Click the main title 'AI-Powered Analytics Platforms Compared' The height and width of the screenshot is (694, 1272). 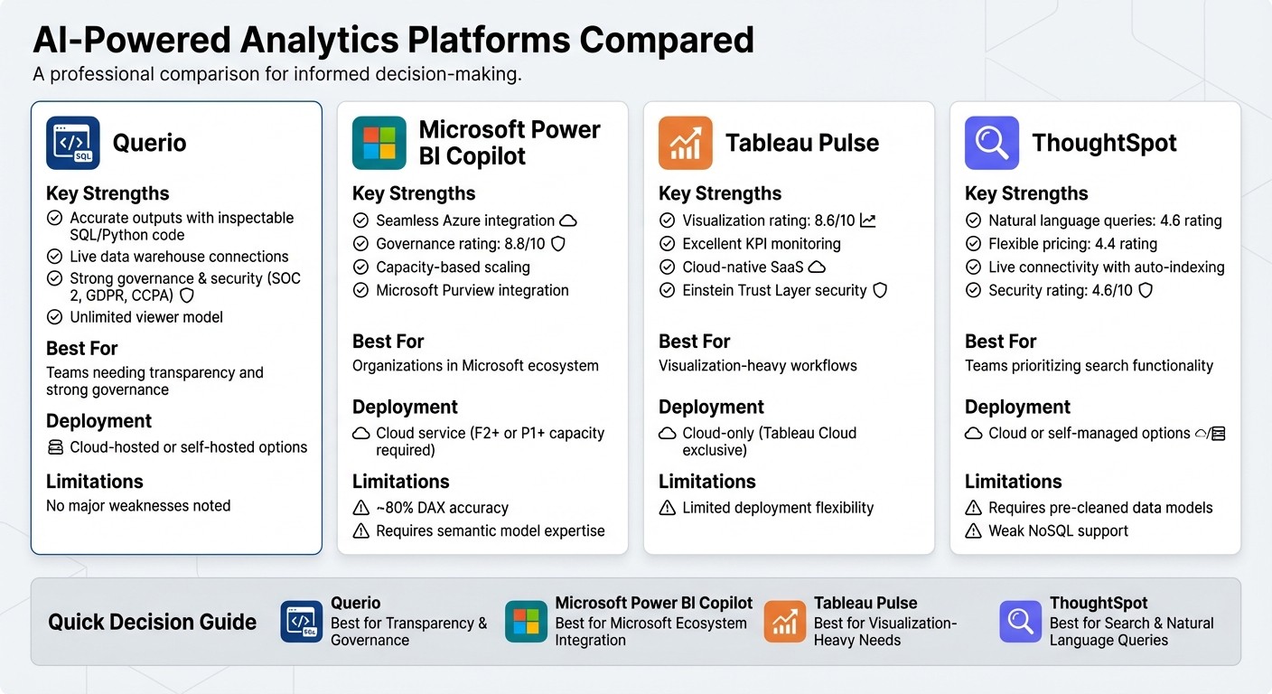click(x=393, y=41)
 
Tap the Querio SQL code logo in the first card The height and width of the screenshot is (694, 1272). click(x=72, y=143)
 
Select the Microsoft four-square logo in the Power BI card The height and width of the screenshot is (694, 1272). click(x=379, y=143)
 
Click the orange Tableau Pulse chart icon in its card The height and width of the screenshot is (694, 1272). click(x=685, y=143)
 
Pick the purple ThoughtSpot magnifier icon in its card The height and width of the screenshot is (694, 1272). click(x=991, y=143)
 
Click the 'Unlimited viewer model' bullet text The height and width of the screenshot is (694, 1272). click(x=145, y=317)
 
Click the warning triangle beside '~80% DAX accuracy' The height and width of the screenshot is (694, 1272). click(x=361, y=508)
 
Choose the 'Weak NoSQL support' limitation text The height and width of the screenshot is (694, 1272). click(x=1058, y=531)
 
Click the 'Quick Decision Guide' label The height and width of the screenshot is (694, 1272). click(x=152, y=622)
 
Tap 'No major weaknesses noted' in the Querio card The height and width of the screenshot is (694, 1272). click(x=138, y=506)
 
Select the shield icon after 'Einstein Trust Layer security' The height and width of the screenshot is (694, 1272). click(x=879, y=291)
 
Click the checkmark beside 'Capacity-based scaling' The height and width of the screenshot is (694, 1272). click(x=361, y=267)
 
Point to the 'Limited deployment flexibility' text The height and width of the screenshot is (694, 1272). click(x=778, y=508)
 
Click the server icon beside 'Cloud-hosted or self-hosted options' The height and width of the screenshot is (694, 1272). click(x=55, y=447)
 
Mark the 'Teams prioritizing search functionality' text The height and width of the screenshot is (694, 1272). click(x=1089, y=366)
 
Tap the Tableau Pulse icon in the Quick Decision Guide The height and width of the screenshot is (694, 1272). click(x=784, y=622)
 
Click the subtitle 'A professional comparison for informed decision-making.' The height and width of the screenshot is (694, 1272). click(x=277, y=74)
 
